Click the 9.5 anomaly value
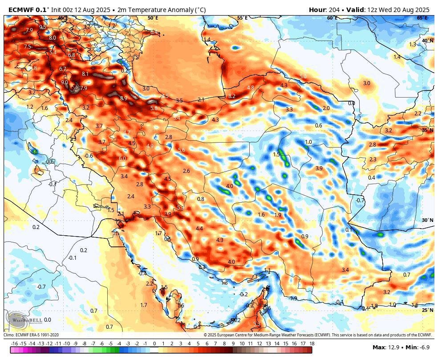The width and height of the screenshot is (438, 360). point(43,27)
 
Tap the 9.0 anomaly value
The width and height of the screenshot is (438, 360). point(65,82)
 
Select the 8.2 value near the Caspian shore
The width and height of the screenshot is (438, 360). point(232,96)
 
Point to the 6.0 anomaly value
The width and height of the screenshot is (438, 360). point(122,159)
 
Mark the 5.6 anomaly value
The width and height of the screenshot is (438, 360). point(181,150)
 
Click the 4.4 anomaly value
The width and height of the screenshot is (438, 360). point(199,229)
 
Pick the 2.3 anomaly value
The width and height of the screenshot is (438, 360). point(373,160)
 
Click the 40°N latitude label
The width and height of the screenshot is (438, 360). point(427,41)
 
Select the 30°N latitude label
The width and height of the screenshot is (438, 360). point(427,220)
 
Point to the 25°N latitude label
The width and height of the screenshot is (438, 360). point(427,310)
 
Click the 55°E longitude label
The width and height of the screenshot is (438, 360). point(242,18)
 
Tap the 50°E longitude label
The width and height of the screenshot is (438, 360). point(153,18)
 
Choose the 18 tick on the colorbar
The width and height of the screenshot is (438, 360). point(312,344)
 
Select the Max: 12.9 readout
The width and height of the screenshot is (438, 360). point(387,347)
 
